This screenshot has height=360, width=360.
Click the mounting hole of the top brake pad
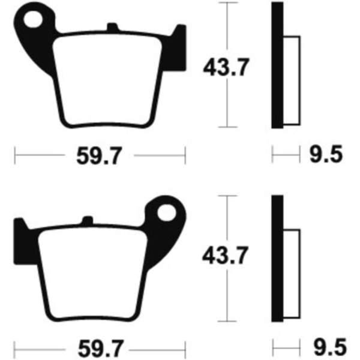click(x=33, y=19)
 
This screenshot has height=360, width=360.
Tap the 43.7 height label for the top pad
click(x=226, y=67)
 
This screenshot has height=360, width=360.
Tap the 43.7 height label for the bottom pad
click(x=225, y=256)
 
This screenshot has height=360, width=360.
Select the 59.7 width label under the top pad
click(x=99, y=156)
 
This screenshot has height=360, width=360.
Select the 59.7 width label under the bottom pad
click(x=100, y=349)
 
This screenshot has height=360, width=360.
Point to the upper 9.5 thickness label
click(x=326, y=154)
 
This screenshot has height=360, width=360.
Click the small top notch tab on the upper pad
click(x=113, y=26)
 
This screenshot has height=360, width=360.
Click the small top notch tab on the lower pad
click(x=88, y=220)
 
